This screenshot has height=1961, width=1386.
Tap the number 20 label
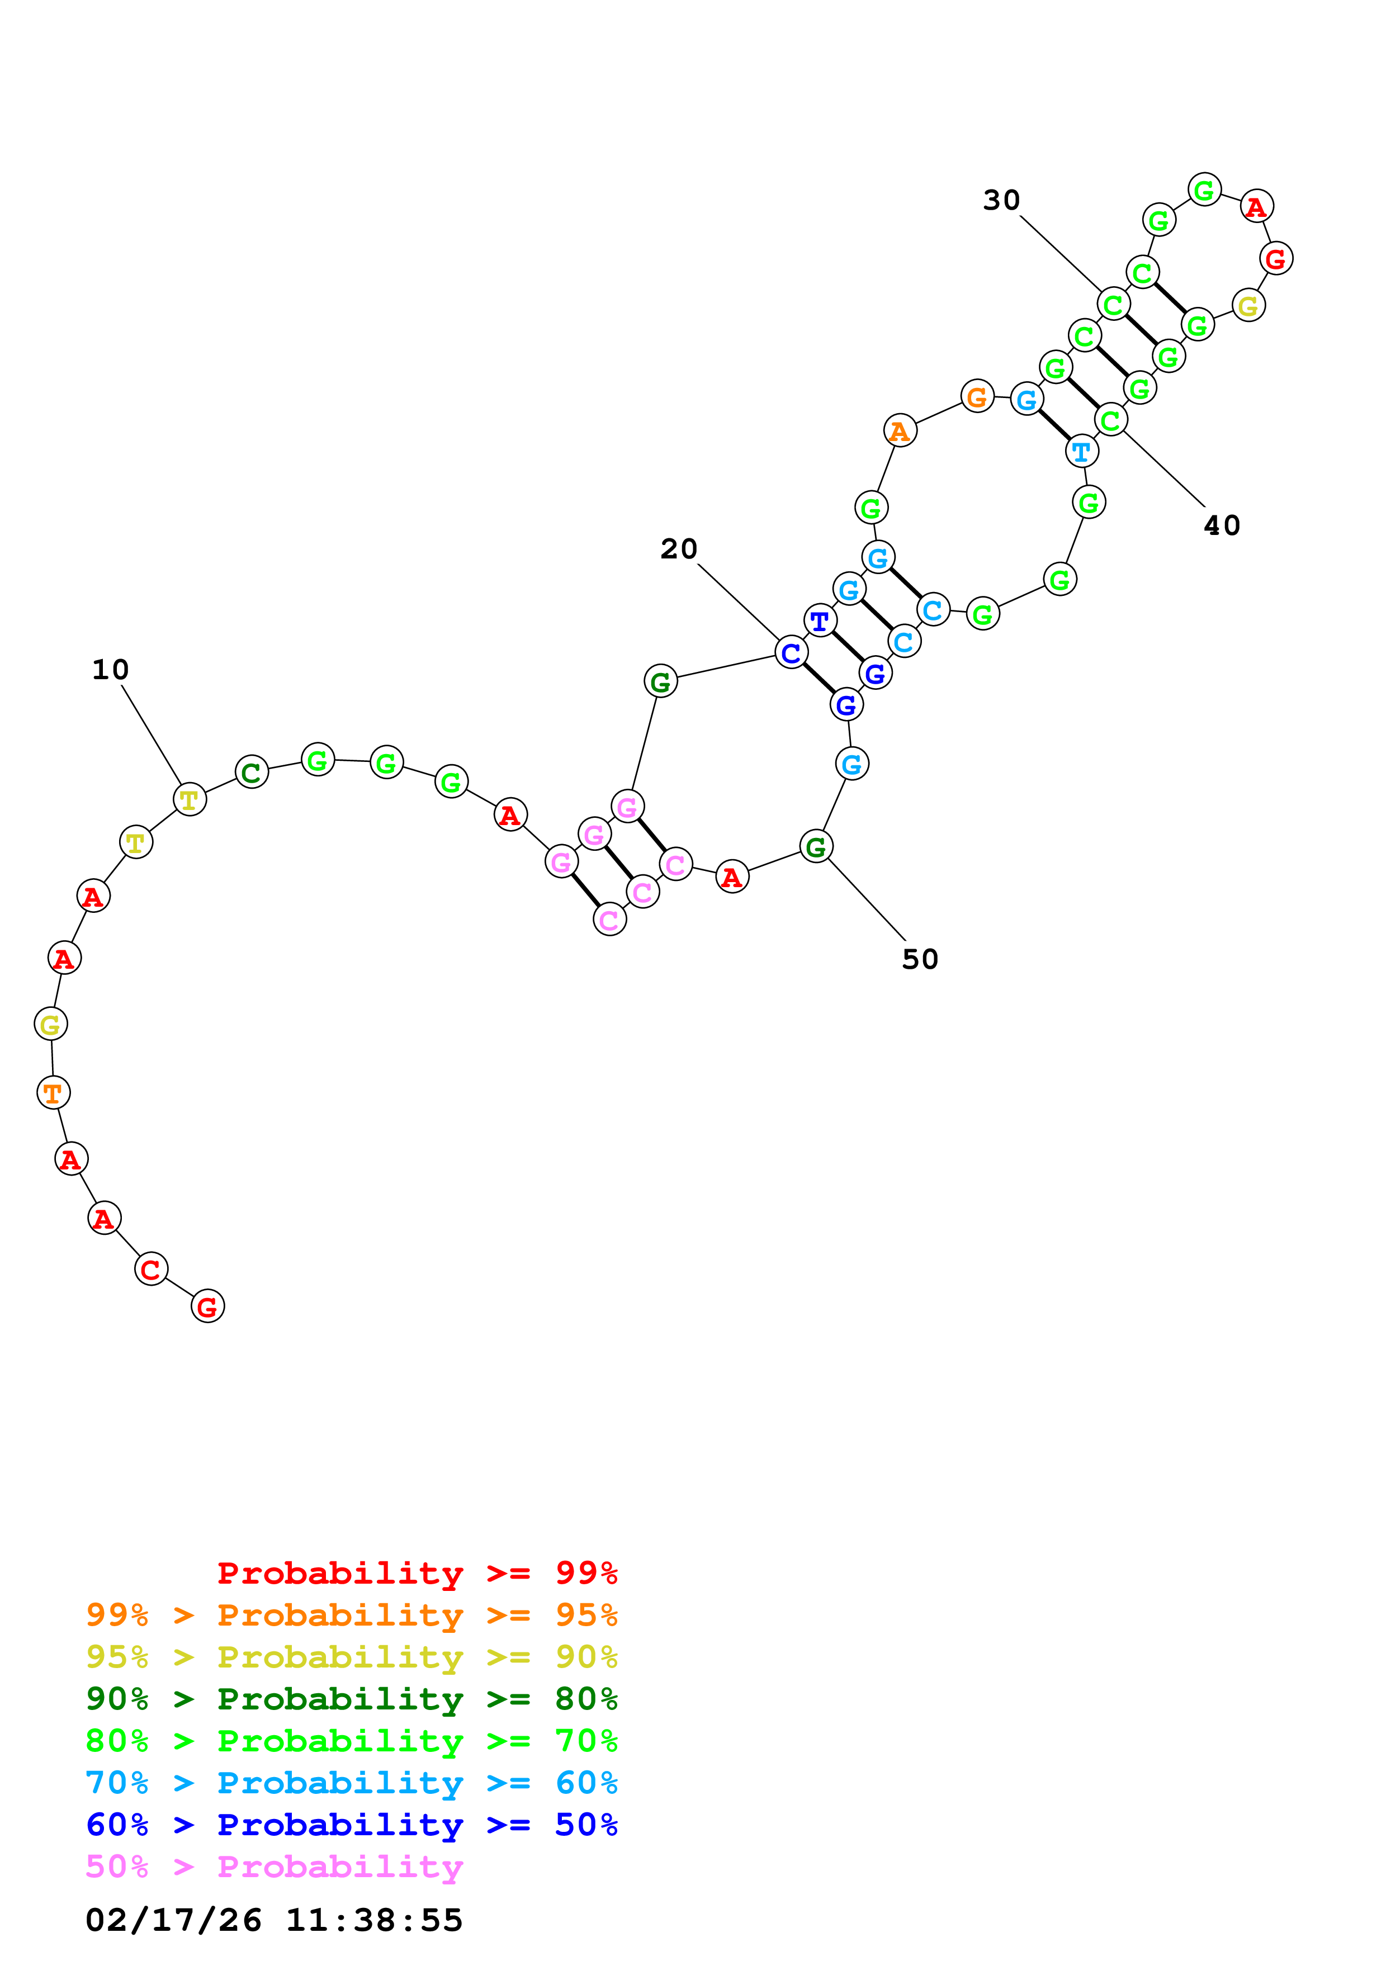679,549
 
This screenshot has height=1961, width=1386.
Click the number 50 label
920,960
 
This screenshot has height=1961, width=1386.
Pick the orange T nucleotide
53,1092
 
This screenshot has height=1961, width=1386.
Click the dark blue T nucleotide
820,621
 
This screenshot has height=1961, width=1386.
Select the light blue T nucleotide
1082,451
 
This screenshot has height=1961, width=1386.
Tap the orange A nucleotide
899,432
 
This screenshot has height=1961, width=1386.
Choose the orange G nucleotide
977,396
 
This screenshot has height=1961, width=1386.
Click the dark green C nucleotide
251,772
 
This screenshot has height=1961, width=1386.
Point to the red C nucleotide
151,1269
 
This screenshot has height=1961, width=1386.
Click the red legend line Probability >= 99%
417,1572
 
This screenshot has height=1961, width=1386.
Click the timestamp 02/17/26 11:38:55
274,1920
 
